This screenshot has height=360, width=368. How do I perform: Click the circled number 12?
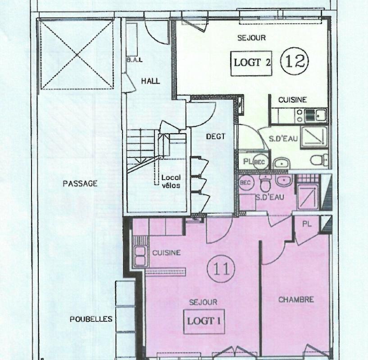(294, 61)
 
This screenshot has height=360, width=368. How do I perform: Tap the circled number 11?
(221, 269)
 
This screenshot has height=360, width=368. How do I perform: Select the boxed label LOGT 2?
(251, 63)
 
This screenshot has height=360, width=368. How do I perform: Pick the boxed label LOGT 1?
(204, 321)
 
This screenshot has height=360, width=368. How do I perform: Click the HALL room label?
(150, 81)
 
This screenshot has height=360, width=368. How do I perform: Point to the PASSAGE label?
(80, 184)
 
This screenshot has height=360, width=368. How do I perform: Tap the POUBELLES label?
(91, 319)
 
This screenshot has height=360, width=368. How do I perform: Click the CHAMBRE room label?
(296, 300)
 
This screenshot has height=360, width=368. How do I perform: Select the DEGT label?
(216, 136)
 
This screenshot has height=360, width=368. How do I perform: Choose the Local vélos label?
(171, 181)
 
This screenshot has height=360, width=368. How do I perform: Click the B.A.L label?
(134, 60)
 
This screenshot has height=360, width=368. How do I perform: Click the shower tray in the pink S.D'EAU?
(308, 197)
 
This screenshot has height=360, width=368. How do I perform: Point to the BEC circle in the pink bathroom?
(246, 183)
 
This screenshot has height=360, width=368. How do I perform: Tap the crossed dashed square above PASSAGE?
(77, 55)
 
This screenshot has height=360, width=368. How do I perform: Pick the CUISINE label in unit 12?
(292, 100)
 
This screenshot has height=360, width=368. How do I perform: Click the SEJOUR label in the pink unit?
(203, 302)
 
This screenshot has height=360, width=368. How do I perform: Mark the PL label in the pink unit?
(307, 224)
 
